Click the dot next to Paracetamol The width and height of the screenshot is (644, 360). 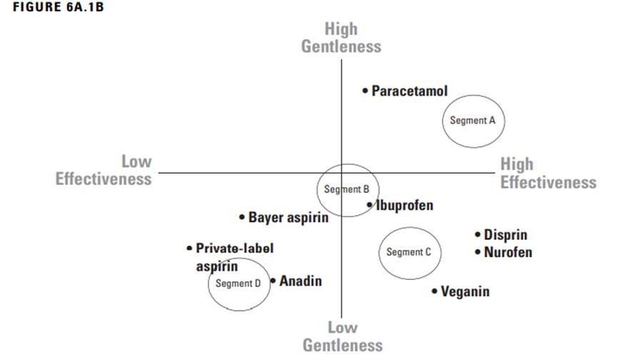(x=365, y=91)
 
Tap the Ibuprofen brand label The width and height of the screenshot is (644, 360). (x=405, y=206)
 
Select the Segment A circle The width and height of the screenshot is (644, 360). (x=472, y=121)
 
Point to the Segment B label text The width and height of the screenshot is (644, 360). (x=346, y=190)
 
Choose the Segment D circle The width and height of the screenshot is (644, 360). (x=238, y=284)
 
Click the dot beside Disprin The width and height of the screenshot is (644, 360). (x=478, y=234)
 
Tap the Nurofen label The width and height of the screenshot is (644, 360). (x=508, y=252)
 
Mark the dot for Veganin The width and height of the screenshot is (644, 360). (x=435, y=291)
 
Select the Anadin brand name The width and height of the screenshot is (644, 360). (x=301, y=281)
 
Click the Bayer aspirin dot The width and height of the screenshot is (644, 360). (x=242, y=216)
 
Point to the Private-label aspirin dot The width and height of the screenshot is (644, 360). (x=189, y=249)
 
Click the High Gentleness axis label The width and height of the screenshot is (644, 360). (x=341, y=38)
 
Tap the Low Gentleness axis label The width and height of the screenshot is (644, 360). (x=342, y=336)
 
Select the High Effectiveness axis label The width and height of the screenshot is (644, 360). (x=548, y=174)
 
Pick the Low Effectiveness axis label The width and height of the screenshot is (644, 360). (x=104, y=171)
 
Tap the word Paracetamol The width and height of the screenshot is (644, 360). (x=410, y=91)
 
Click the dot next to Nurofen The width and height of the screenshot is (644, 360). (x=478, y=251)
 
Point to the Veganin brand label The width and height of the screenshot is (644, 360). (x=465, y=291)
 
